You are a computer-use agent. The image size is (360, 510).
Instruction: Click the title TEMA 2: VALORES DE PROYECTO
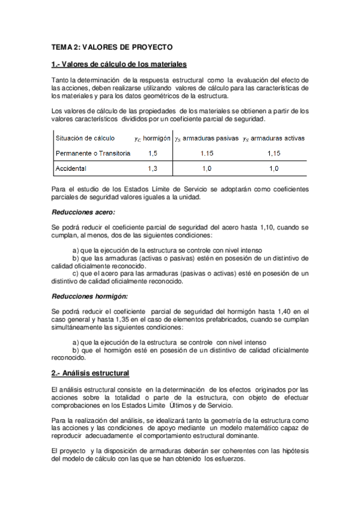point(112,46)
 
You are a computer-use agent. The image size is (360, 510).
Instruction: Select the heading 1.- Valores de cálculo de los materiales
point(119,64)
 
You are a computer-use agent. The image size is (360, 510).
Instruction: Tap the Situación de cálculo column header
point(85,138)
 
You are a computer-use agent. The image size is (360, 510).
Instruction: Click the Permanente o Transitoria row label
point(93,153)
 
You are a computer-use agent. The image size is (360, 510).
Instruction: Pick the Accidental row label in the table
point(71,168)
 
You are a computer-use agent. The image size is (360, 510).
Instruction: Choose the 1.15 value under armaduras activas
point(273,153)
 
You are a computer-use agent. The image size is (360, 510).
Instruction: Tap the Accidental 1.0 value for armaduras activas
point(273,168)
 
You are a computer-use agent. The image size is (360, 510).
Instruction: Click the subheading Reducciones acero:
point(84,212)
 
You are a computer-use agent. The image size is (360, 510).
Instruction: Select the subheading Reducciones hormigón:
point(90,295)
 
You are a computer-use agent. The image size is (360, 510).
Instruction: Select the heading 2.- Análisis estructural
point(90,373)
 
